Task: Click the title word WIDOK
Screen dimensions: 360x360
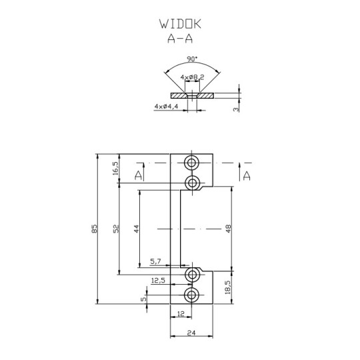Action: tap(180, 24)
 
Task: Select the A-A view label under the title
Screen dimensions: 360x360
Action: tap(180, 39)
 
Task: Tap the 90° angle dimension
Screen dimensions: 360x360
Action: tap(191, 58)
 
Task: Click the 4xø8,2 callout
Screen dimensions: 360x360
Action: tap(192, 79)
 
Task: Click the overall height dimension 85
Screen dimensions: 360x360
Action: tap(94, 229)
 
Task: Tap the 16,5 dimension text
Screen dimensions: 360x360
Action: tap(115, 168)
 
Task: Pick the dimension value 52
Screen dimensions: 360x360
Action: tap(115, 229)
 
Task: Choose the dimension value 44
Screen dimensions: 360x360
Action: tap(136, 229)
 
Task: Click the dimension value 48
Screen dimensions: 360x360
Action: tap(228, 229)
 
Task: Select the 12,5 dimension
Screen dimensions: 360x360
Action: tap(158, 281)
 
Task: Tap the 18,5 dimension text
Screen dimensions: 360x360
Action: tap(228, 287)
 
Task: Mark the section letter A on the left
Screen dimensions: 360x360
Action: tap(138, 175)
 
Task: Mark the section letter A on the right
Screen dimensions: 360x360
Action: tap(246, 175)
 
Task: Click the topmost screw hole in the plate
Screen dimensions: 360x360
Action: tap(193, 163)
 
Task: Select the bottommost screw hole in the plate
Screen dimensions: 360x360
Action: tap(193, 295)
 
